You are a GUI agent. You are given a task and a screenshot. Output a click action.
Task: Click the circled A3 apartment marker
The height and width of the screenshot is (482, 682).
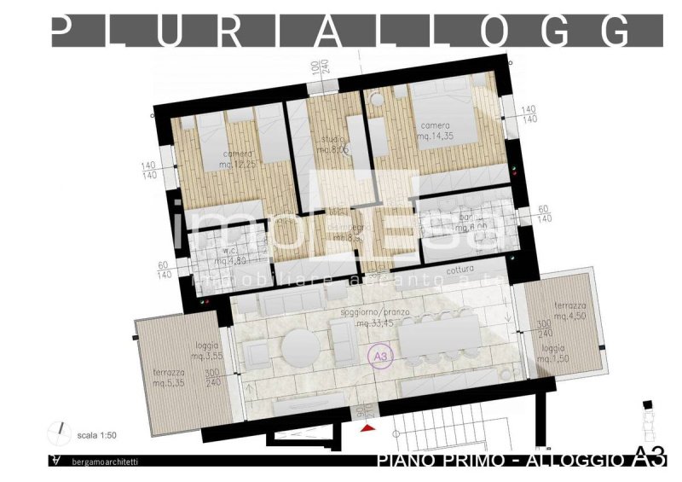click(378, 355)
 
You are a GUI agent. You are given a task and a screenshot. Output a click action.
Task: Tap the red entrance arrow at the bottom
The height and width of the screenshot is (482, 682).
click(368, 426)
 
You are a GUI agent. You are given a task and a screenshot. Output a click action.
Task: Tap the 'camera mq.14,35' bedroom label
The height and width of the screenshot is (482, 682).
click(435, 130)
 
